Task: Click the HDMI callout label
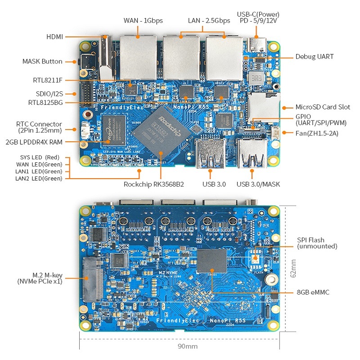[x=54, y=36]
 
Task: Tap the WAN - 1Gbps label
[x=143, y=21]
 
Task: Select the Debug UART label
[x=314, y=57]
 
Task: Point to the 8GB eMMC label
[x=313, y=292]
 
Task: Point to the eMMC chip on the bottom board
[x=212, y=261]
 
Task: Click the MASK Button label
[x=42, y=62]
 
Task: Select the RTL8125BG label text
[x=45, y=103]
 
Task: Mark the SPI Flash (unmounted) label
[x=317, y=243]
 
